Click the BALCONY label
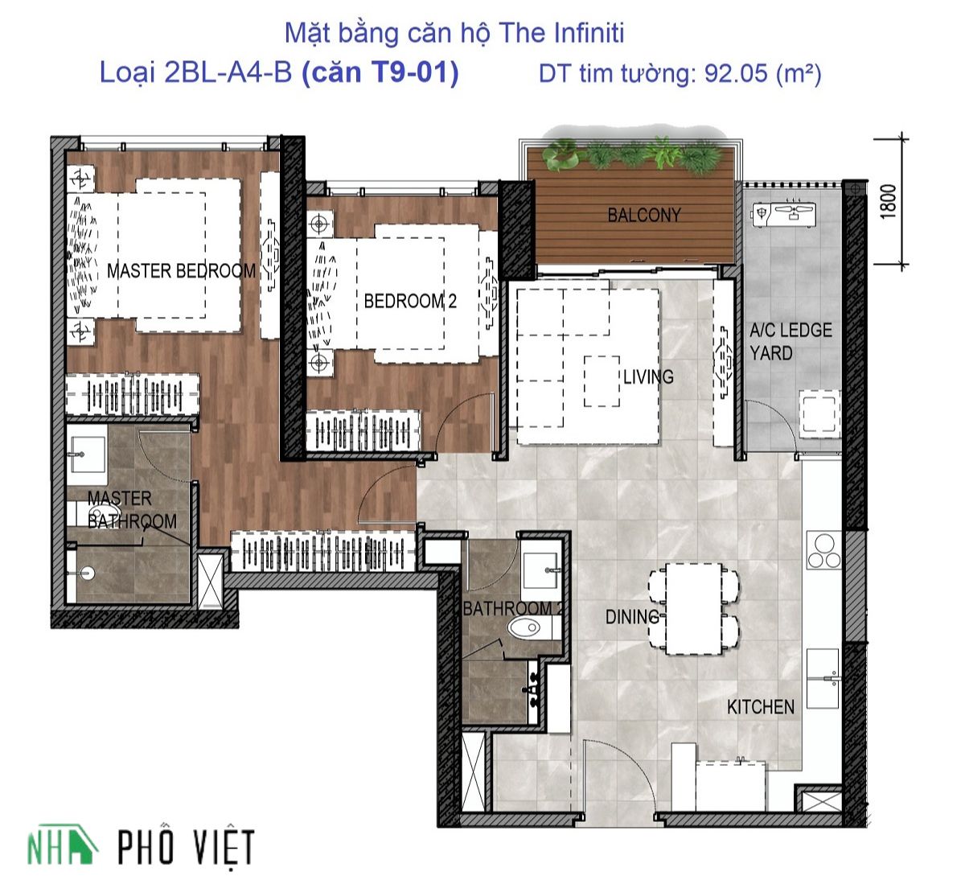point(644,215)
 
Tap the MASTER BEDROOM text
point(182,271)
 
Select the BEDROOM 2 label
point(410,302)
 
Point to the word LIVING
point(648,376)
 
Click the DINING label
point(633,617)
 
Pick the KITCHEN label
point(761,707)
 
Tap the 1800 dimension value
point(889,202)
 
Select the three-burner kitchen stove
point(824,549)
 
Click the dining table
point(694,609)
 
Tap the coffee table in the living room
point(602,381)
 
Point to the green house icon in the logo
point(80,843)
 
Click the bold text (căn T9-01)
point(380,72)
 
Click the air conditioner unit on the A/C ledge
point(784,214)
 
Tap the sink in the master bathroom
point(88,454)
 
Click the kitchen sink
point(823,678)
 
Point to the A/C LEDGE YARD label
point(790,342)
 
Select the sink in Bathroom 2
point(542,570)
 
